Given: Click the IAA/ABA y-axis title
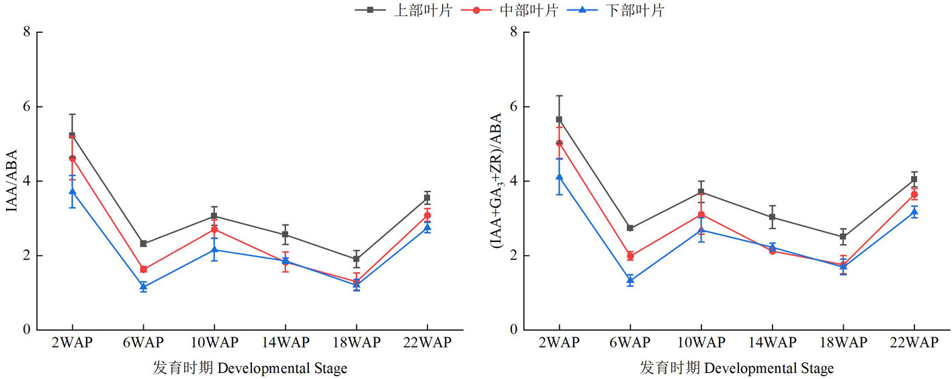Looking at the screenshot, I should tap(11, 181).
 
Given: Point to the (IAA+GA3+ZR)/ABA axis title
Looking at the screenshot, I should tap(498, 181).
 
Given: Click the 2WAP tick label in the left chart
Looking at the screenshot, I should tap(72, 343).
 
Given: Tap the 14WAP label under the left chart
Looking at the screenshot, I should tap(285, 343).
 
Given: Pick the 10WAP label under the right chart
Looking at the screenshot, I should tap(701, 343).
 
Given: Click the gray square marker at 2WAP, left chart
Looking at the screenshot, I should tap(72, 135).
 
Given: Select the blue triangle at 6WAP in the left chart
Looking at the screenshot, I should tap(143, 286).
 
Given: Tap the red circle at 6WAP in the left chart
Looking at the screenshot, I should tap(143, 269).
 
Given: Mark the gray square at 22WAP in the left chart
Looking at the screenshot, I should tap(427, 198).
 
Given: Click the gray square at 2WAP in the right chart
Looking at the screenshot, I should tap(558, 120).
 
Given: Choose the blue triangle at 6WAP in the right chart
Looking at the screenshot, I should tap(630, 280).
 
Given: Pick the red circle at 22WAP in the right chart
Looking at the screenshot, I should tap(914, 194).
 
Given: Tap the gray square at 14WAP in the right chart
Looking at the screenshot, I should tap(772, 217).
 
